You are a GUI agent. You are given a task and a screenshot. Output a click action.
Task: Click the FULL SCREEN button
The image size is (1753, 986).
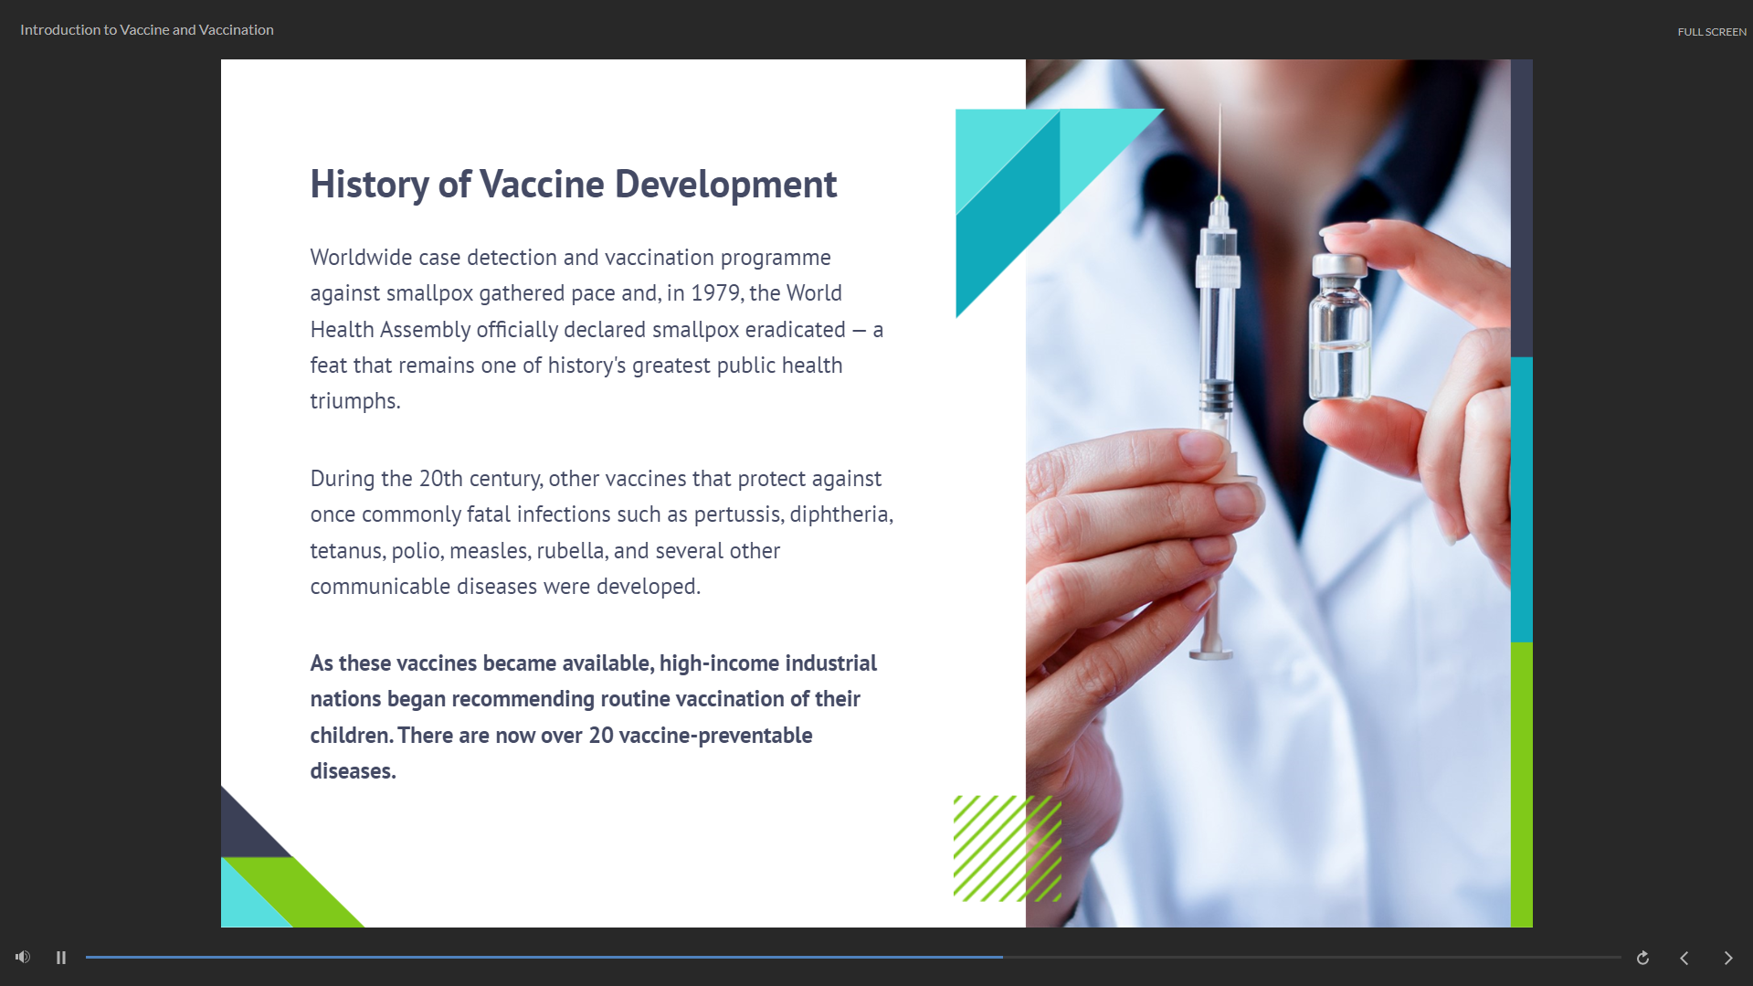[x=1711, y=32]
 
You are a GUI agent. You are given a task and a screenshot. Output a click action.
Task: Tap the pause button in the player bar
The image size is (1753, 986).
[x=61, y=958]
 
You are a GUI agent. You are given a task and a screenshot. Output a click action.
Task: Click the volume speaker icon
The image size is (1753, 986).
[x=23, y=957]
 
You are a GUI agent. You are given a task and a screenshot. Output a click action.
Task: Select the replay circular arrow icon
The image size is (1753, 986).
[x=1642, y=958]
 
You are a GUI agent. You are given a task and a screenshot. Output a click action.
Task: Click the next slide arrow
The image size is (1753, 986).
[x=1727, y=958]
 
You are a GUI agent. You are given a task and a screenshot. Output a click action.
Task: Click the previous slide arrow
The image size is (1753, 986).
[x=1684, y=958]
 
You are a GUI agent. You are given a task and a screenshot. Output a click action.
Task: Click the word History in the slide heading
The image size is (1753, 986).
[x=369, y=186]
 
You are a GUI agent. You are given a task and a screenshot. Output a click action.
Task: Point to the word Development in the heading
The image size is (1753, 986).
[x=725, y=185]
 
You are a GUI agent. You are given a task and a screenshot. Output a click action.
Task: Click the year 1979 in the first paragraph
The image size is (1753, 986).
[x=715, y=293]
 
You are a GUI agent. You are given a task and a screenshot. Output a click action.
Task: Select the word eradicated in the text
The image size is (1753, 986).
[x=795, y=330]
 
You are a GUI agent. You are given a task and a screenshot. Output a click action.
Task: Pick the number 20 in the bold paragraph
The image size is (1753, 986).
[x=601, y=736]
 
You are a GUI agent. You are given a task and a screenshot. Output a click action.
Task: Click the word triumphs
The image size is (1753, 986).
[x=355, y=402]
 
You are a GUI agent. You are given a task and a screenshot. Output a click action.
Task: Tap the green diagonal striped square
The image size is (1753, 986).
[x=1008, y=849]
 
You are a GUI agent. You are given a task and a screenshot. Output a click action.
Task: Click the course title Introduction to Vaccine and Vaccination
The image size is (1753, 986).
[x=147, y=30]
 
